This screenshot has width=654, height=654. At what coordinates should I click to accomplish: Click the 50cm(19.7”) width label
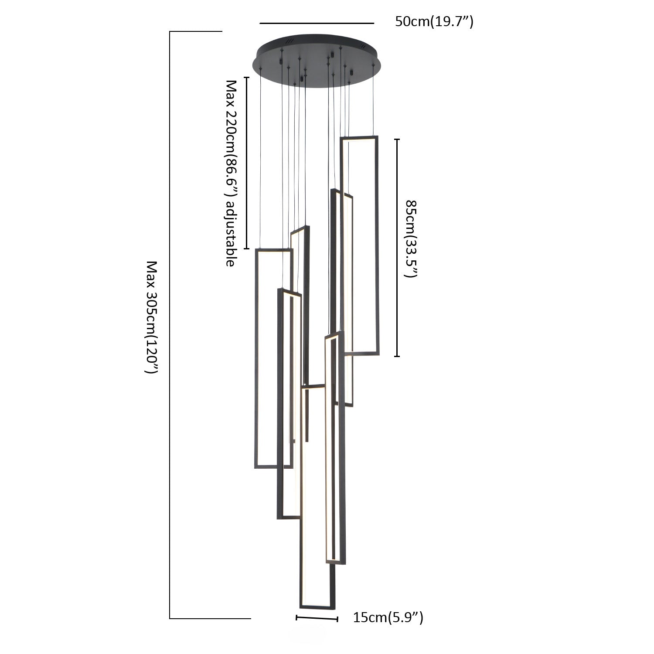pos(434,22)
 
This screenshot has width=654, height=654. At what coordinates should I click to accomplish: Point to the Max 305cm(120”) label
pos(150,317)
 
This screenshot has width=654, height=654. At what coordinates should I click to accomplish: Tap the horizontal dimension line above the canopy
pos(317,23)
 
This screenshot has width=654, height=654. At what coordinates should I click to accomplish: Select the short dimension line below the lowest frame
pos(317,618)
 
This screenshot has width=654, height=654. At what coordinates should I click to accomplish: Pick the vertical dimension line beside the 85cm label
pos(397,248)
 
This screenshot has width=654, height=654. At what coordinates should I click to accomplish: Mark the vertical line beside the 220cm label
pos(247,163)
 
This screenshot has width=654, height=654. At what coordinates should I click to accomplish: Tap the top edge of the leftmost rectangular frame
pos(273,250)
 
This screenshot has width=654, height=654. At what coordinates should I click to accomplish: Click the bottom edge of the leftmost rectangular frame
pos(273,467)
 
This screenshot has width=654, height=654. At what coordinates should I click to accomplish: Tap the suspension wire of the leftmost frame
pos(260,161)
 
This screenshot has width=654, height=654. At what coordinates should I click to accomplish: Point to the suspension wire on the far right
pos(373,100)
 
